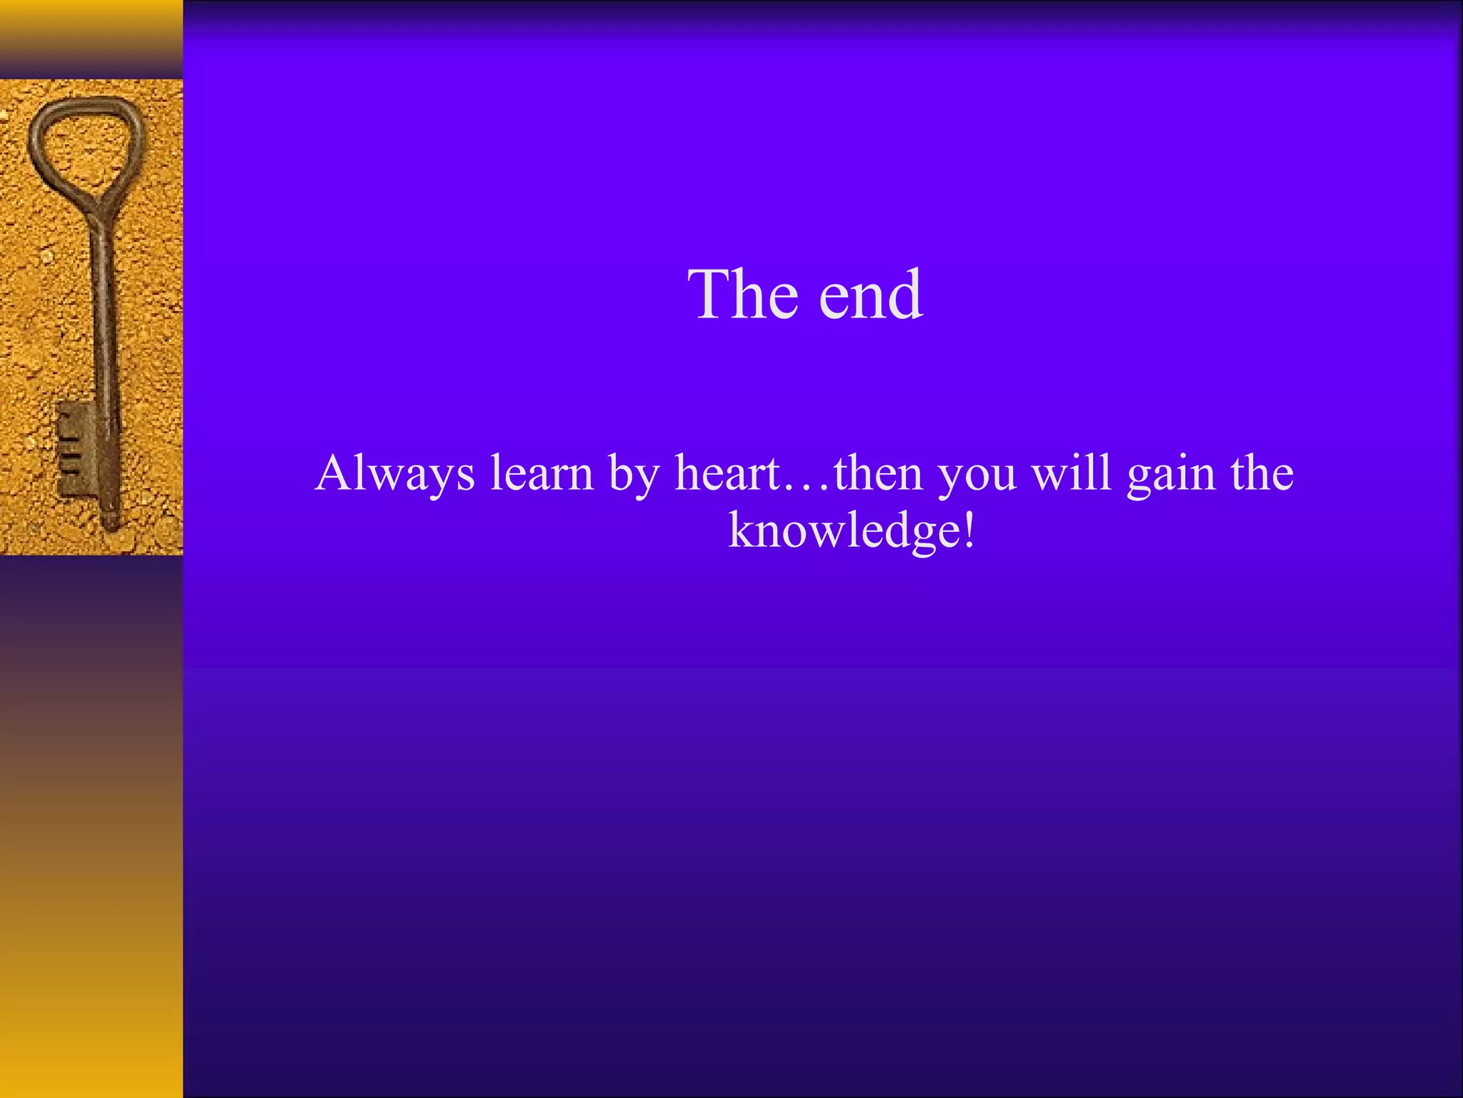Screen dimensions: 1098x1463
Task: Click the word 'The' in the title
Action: pyautogui.click(x=743, y=295)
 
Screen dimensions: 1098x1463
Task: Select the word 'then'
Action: pyautogui.click(x=878, y=473)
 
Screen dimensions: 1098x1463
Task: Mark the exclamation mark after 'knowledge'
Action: pyautogui.click(x=969, y=531)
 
